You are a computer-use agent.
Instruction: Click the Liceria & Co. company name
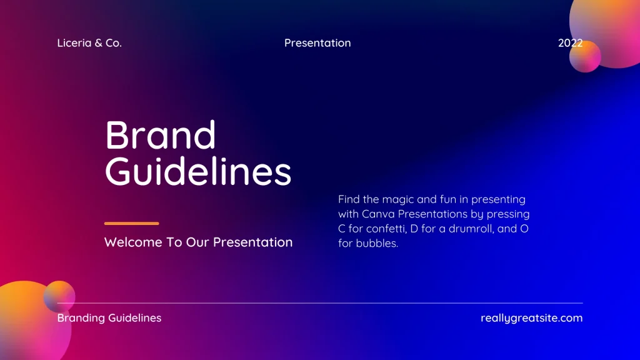tap(89, 43)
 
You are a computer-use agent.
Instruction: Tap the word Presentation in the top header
tap(317, 43)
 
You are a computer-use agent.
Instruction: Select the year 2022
tap(570, 43)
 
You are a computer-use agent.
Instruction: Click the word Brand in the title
tap(161, 135)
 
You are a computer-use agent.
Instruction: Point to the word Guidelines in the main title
tap(198, 171)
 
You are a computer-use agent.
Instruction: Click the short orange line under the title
tap(131, 223)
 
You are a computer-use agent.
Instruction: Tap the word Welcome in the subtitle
tap(133, 242)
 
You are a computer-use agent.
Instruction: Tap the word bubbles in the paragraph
tap(377, 243)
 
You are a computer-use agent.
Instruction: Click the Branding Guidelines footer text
tap(109, 318)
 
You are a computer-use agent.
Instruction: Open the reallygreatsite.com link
tap(531, 318)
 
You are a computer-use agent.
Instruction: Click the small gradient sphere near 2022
tap(585, 56)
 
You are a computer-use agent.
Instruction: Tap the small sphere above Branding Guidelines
tap(59, 297)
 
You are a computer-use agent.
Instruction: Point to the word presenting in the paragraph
tap(498, 199)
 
